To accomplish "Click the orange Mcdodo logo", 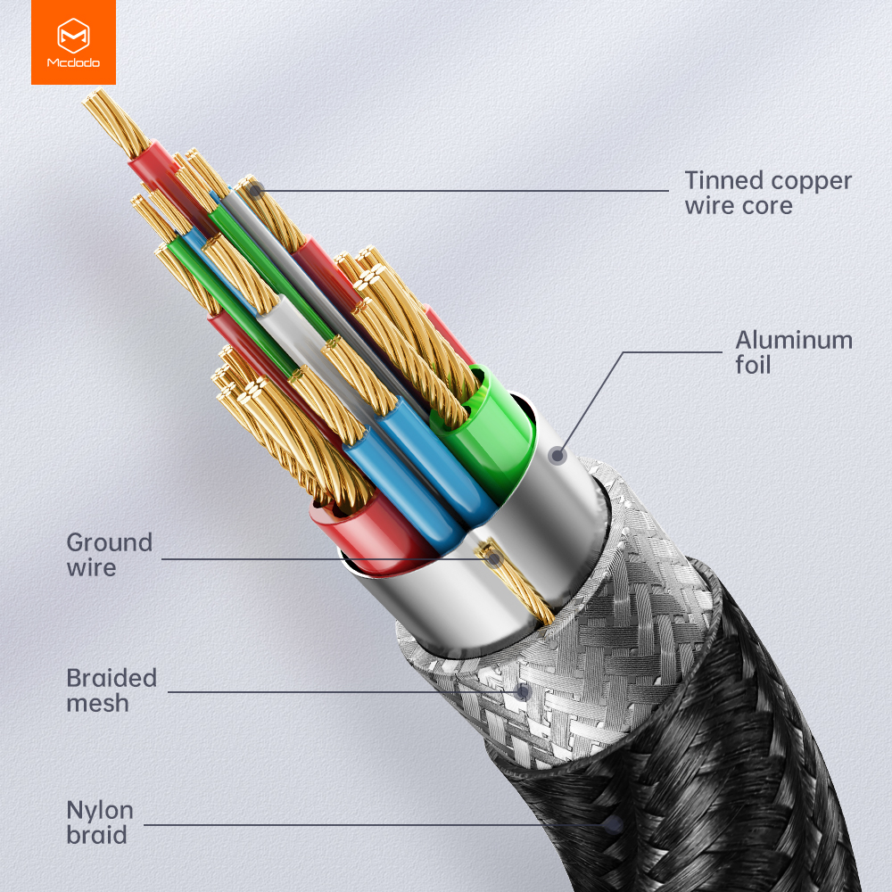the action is coord(73,42).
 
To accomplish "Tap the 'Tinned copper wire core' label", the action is coord(768,193).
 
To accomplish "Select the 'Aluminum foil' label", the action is coord(794,352).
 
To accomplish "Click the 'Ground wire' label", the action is coord(109,555).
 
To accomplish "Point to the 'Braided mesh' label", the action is coord(111,690).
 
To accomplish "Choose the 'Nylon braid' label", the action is coord(100,822).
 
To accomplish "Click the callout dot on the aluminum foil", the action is coord(557,455).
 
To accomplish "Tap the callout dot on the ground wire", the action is coord(494,559).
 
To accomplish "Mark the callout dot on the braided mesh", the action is coord(522,692).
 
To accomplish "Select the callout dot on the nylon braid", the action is coord(614,824).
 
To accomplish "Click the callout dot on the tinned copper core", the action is coord(256,191).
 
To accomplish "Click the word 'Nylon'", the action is coord(100,811).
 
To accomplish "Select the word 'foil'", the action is coord(753,365).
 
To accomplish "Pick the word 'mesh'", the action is coord(97,703).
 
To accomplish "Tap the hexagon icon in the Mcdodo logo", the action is coord(73,36).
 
